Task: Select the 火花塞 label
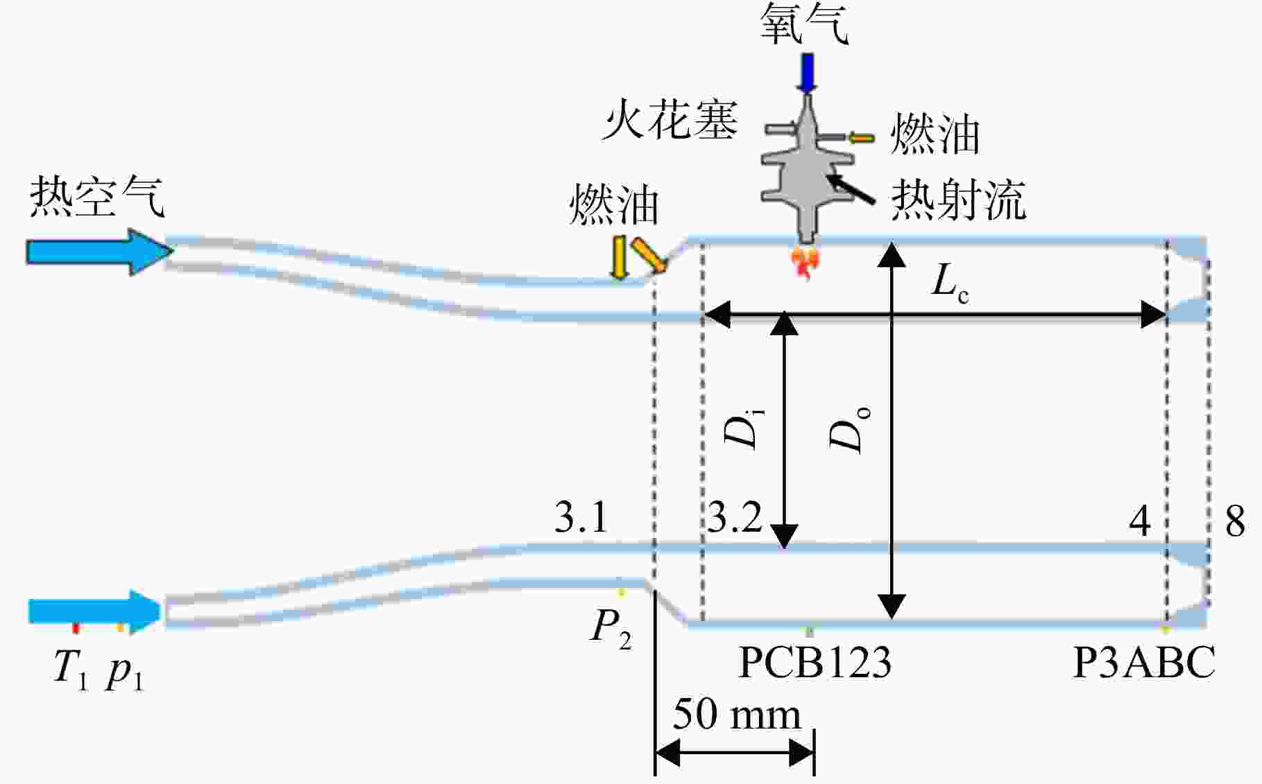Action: tap(669, 120)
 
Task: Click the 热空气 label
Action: tap(96, 196)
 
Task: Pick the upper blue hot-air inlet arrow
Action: tap(100, 252)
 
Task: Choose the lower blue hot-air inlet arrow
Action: tap(94, 611)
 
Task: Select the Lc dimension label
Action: tap(949, 283)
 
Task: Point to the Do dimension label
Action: tap(849, 430)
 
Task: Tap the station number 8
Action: tap(1235, 521)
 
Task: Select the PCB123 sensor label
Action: tap(815, 662)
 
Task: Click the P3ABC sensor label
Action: tap(1144, 662)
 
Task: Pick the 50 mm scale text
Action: tap(737, 714)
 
